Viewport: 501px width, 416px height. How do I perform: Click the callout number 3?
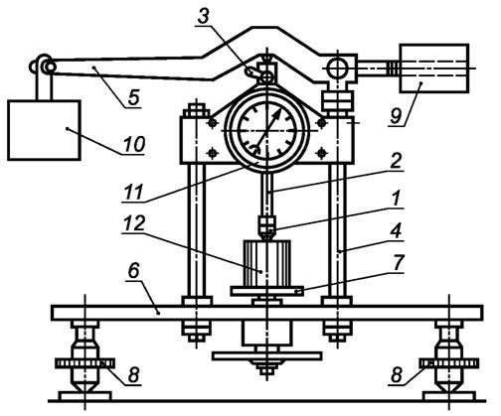point(204,16)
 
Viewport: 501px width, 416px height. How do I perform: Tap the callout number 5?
point(133,97)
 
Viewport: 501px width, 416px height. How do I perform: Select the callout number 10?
point(134,144)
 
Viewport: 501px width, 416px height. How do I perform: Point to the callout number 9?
point(396,116)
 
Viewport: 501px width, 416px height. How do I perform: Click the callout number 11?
point(133,192)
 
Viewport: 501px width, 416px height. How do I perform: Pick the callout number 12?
point(134,223)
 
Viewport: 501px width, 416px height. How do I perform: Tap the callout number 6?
point(134,271)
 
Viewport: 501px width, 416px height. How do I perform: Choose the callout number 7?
point(398,262)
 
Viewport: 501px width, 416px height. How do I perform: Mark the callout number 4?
point(396,230)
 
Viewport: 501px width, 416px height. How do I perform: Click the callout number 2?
point(396,161)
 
